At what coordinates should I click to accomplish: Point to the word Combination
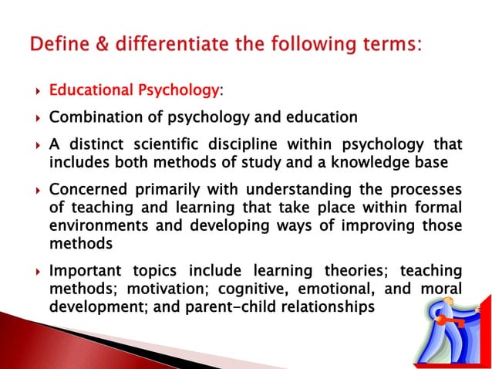click(x=92, y=118)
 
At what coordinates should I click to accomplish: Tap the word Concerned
click(x=84, y=190)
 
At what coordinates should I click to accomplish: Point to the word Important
click(x=83, y=271)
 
